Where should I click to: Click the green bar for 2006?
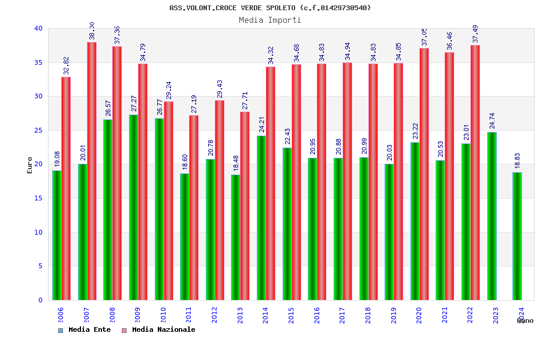click(x=56, y=235)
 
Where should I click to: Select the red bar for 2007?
click(x=92, y=171)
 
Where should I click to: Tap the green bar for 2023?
click(x=492, y=216)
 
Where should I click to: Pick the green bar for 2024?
click(x=517, y=236)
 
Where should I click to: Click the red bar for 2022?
click(x=475, y=172)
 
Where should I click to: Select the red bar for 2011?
click(x=194, y=208)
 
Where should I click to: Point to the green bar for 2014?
click(x=261, y=218)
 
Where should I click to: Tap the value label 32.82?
click(x=66, y=66)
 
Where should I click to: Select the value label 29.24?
click(x=169, y=91)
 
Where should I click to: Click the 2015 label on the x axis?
click(x=291, y=315)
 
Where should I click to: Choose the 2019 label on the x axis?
click(x=394, y=315)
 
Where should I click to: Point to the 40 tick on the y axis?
click(x=38, y=28)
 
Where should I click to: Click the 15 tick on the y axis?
click(x=38, y=198)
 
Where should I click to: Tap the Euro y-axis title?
click(x=30, y=165)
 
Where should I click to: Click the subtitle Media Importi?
click(x=270, y=20)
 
